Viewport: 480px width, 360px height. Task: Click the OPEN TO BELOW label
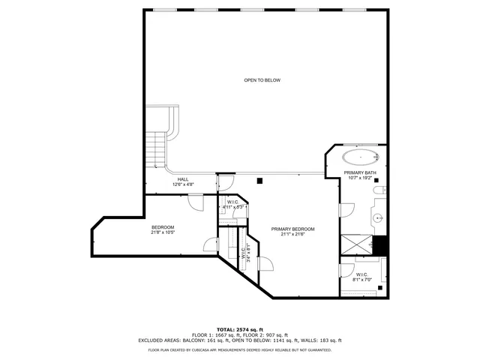coord(262,80)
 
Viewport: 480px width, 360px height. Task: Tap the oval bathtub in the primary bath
coord(360,157)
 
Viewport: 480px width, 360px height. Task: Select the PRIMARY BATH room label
coord(358,173)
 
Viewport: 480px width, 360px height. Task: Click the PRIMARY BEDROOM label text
coord(292,229)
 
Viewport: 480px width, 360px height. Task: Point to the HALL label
coord(183,179)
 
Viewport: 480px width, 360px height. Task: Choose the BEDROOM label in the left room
coord(163,227)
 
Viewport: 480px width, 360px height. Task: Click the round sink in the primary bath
coord(379,218)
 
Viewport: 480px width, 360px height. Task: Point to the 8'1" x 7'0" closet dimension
coord(361,280)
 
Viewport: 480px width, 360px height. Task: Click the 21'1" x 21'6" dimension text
coord(292,234)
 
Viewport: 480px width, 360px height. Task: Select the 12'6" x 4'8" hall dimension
coord(183,184)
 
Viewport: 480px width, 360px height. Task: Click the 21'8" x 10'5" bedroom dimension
coord(163,232)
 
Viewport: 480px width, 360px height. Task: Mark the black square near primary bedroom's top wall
coord(259,181)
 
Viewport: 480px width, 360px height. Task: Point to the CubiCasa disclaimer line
coord(239,349)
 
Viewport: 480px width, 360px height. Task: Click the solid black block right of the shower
coord(380,245)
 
